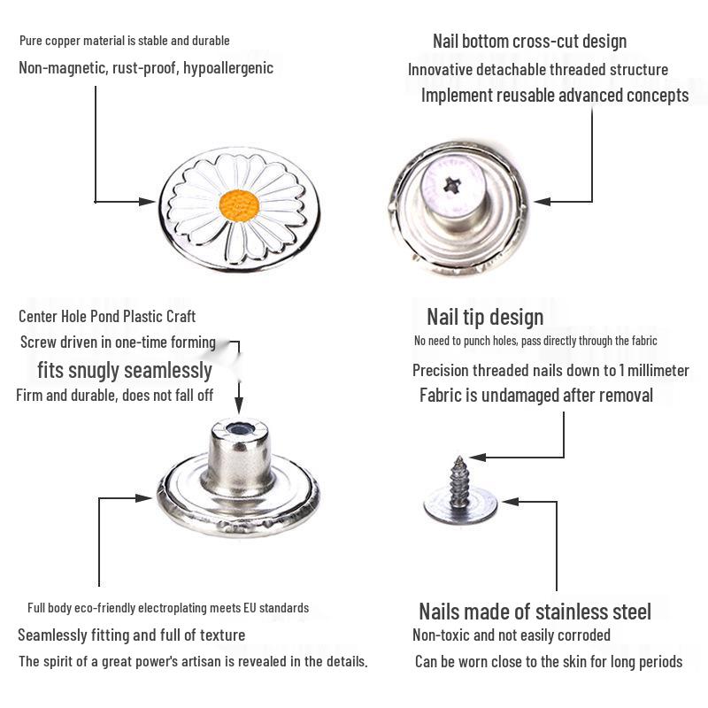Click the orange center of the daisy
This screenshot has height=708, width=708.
pyautogui.click(x=239, y=206)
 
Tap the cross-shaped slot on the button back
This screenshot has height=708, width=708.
pyautogui.click(x=451, y=185)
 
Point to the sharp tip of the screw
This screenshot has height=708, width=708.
pyautogui.click(x=459, y=458)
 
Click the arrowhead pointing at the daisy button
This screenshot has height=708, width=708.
pyautogui.click(x=147, y=202)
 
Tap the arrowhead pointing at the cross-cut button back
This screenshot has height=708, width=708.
pyautogui.click(x=542, y=202)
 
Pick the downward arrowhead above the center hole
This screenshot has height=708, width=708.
pyautogui.click(x=239, y=404)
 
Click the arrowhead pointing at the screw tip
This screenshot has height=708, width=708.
pyautogui.click(x=478, y=458)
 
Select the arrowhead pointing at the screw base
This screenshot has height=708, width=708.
pyautogui.click(x=511, y=501)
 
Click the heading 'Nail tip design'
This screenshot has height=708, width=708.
pyautogui.click(x=485, y=317)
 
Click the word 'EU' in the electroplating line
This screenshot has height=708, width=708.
pyautogui.click(x=250, y=608)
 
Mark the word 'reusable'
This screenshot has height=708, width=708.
pyautogui.click(x=526, y=96)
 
